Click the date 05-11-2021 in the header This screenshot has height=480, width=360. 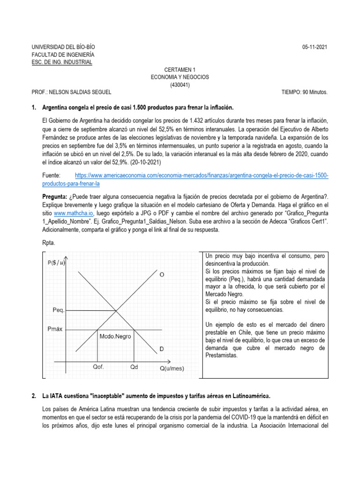click(315, 48)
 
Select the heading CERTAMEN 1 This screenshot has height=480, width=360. click(180, 69)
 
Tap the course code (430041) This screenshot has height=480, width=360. click(180, 84)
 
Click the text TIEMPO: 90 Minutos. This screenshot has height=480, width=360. click(305, 92)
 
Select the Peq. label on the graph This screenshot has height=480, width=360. click(58, 310)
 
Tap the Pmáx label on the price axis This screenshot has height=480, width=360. click(57, 330)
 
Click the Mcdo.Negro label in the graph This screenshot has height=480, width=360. click(115, 336)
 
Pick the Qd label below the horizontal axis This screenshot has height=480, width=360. click(134, 367)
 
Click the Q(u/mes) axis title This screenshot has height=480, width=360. click(172, 368)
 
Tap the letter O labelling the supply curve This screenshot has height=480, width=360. click(162, 275)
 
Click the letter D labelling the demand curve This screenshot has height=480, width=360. click(162, 349)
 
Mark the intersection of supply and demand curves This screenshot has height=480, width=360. click(117, 310)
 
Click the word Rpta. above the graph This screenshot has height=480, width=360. click(49, 243)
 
